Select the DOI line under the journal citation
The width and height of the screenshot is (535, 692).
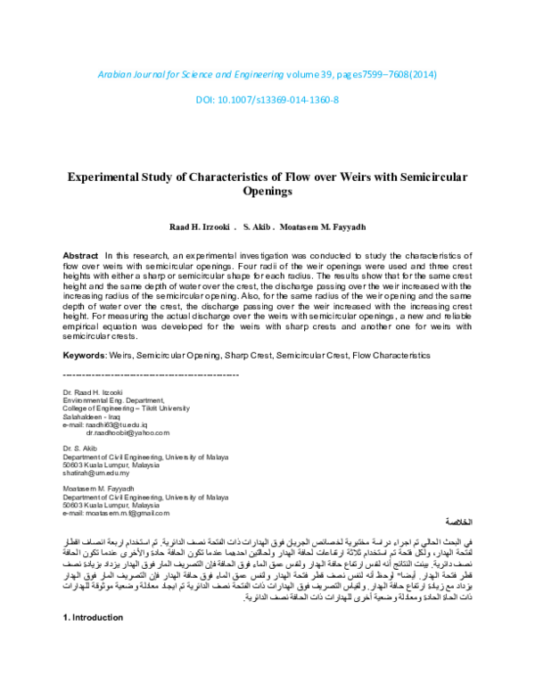(x=267, y=99)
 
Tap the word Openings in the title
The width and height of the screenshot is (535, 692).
(x=267, y=192)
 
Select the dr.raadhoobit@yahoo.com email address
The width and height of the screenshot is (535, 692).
(x=127, y=432)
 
